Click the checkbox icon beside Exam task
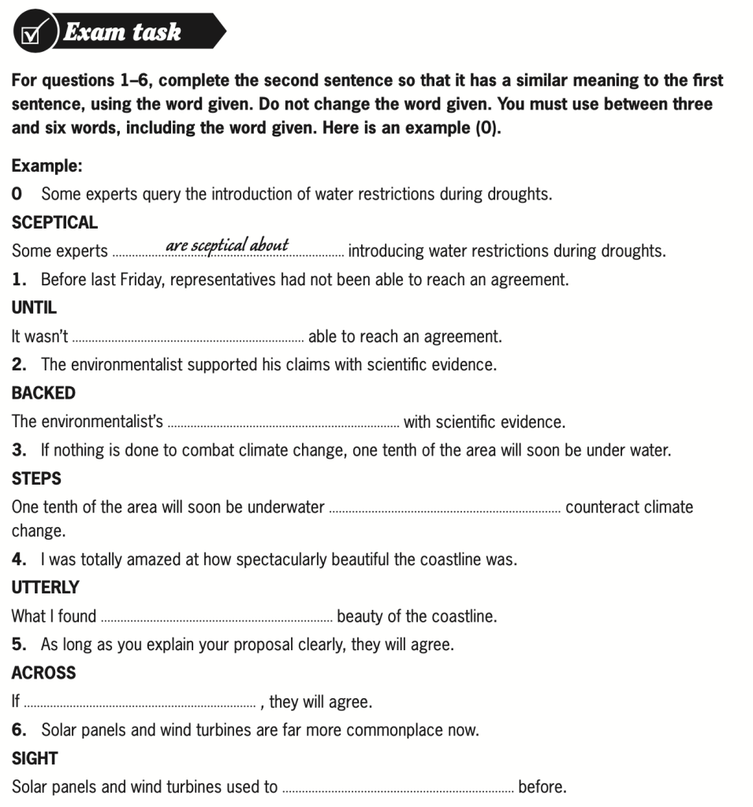tap(32, 34)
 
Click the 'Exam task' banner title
tap(123, 32)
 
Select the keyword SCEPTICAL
tap(54, 223)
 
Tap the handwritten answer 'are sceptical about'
tap(227, 246)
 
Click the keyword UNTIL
tap(34, 308)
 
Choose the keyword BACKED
tap(43, 393)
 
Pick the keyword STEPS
tap(36, 478)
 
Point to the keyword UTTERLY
tap(46, 587)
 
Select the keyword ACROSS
tap(43, 673)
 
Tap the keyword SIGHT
tap(35, 758)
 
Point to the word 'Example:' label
tap(47, 166)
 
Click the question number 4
tap(19, 560)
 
